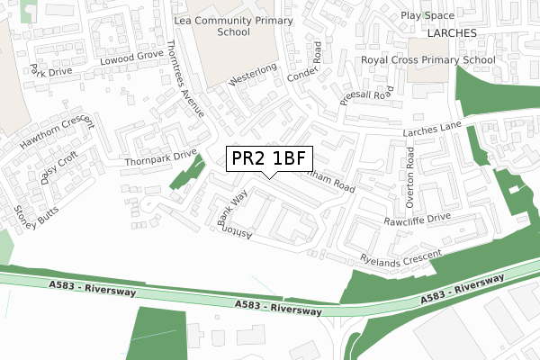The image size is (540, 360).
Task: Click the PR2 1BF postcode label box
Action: point(269,158)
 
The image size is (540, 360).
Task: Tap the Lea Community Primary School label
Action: point(233,24)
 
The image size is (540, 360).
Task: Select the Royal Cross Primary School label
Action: point(427,60)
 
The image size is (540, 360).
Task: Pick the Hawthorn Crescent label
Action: point(51,131)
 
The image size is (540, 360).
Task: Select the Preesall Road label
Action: point(366,93)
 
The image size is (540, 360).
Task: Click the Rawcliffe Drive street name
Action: point(416,218)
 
